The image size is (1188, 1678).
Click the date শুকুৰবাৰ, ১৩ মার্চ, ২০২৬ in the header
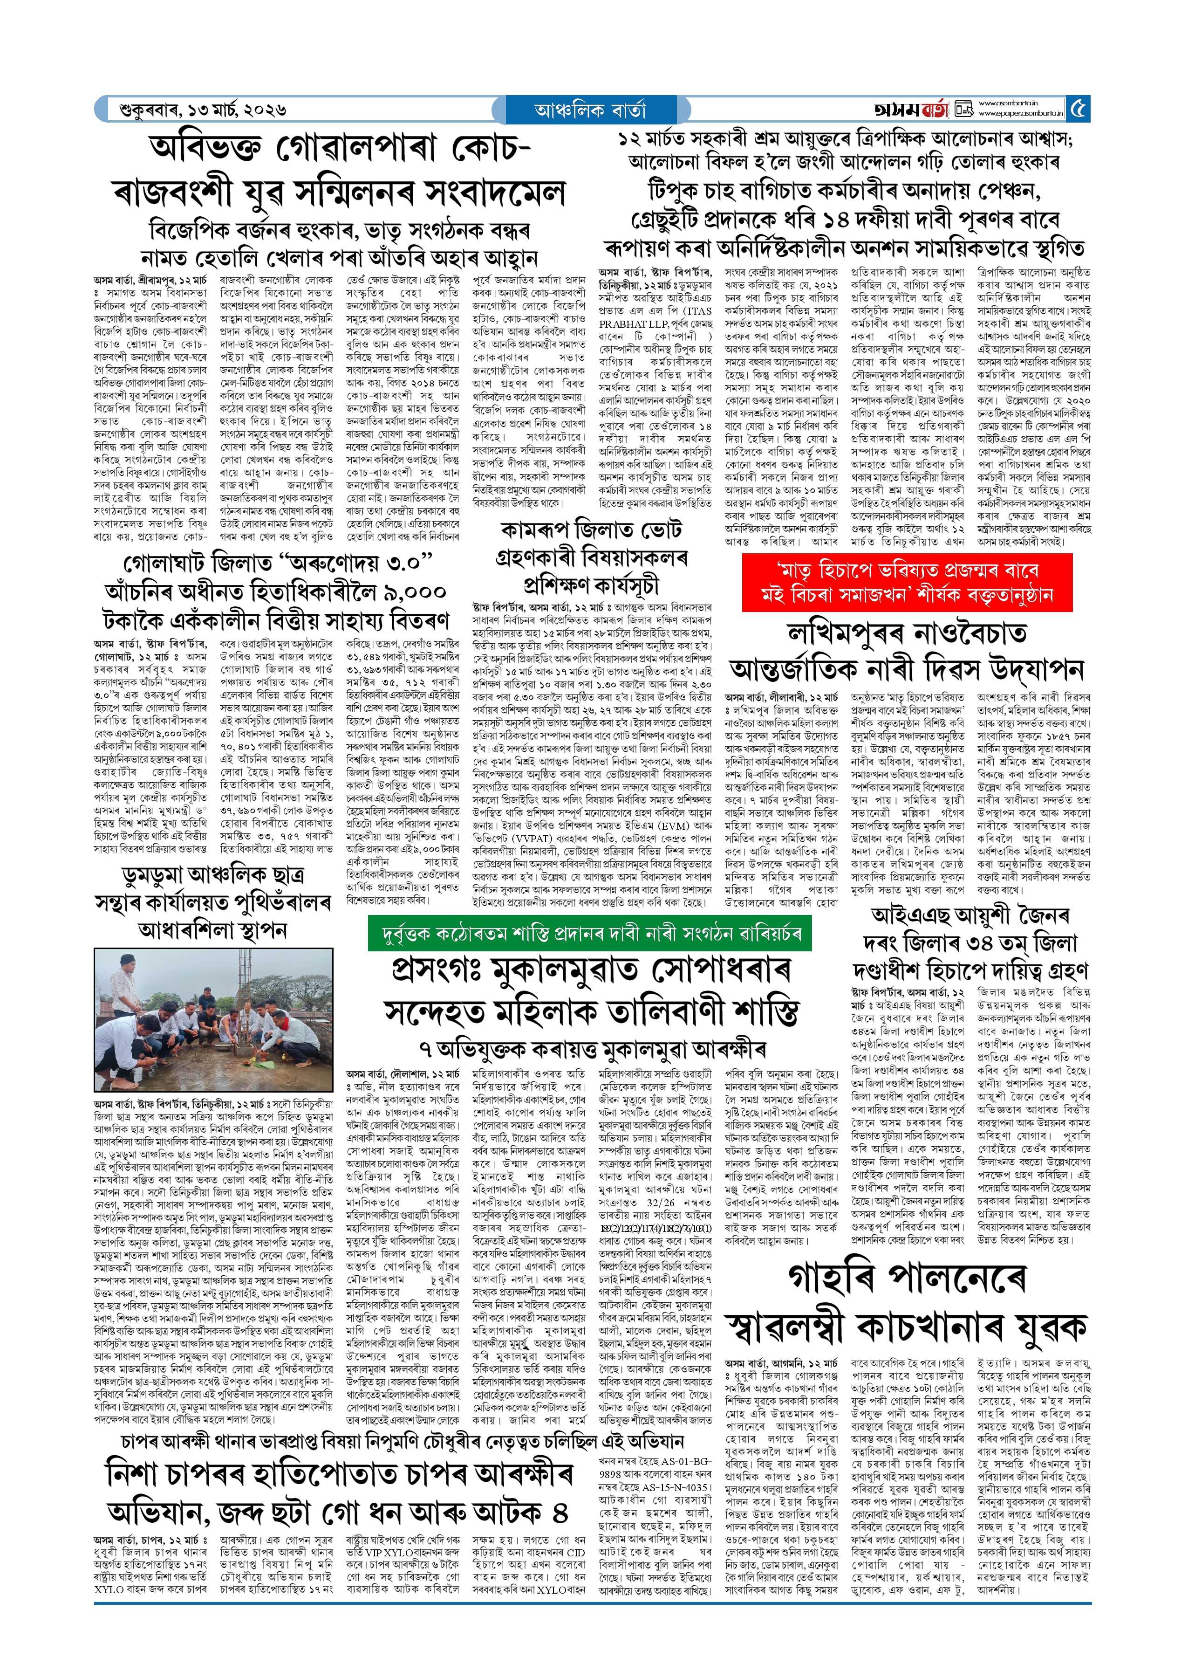pos(203,110)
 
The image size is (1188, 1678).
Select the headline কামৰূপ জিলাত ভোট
pos(591,529)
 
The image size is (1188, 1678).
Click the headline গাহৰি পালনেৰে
pos(907,1278)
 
